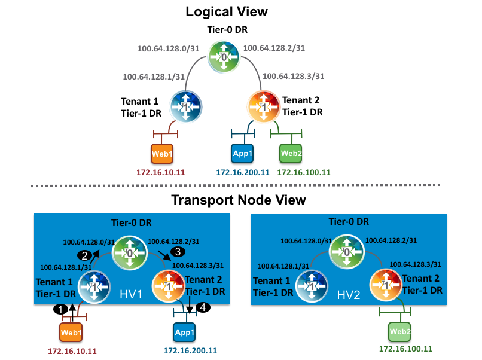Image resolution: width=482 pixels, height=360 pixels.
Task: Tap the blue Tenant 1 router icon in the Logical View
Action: pyautogui.click(x=186, y=106)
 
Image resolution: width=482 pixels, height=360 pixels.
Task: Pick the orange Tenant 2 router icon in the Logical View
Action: pyautogui.click(x=263, y=106)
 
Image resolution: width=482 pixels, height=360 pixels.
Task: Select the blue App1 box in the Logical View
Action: pyautogui.click(x=242, y=153)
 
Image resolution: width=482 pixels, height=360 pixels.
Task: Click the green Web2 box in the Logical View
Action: pyautogui.click(x=291, y=153)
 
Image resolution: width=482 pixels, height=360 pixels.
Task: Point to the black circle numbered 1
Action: pyautogui.click(x=59, y=309)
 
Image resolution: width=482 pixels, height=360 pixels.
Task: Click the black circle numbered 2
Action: pyautogui.click(x=86, y=255)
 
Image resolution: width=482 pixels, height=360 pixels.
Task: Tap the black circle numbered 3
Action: pyautogui.click(x=175, y=251)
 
